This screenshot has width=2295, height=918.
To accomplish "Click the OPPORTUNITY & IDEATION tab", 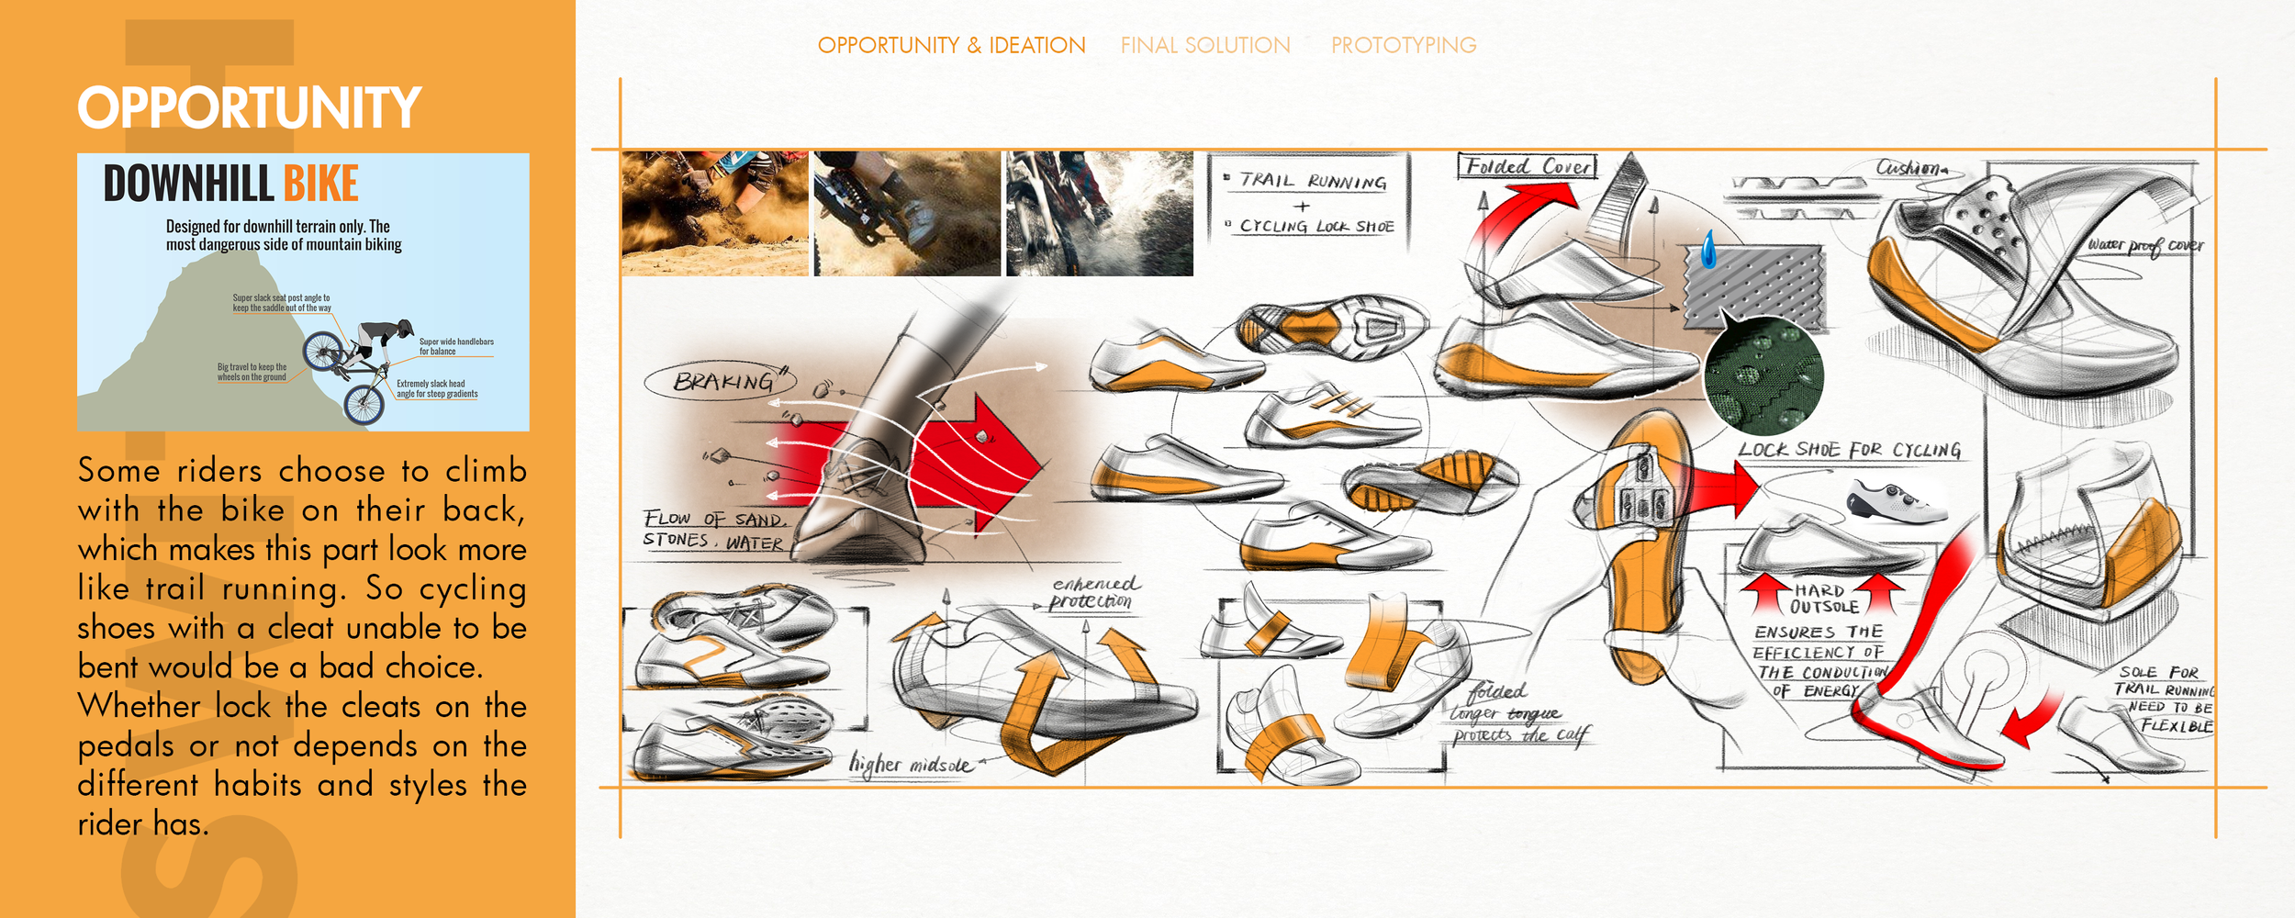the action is (951, 45).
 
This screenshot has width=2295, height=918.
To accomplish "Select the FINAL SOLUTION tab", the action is (1204, 45).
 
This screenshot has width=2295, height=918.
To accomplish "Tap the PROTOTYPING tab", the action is (1404, 45).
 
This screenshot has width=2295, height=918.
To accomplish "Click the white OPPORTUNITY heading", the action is (249, 107).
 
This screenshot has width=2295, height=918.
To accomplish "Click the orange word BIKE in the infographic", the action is (320, 184).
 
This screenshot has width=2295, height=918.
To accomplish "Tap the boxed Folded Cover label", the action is (1527, 166).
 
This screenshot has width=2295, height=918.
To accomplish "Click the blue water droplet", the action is (1708, 249).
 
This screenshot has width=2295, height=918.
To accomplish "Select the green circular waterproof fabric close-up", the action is (1763, 375).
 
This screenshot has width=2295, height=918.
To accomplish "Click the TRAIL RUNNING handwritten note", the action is (1312, 181).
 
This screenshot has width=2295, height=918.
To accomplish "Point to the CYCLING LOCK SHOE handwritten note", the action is (1315, 226).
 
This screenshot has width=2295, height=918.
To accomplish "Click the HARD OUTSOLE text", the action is (1824, 599).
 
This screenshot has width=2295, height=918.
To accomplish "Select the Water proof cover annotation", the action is (2144, 245).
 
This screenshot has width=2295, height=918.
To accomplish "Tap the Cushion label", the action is (1909, 168).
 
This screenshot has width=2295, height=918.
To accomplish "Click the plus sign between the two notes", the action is (1302, 207).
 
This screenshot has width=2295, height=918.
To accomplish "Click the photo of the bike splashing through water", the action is (1099, 213).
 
